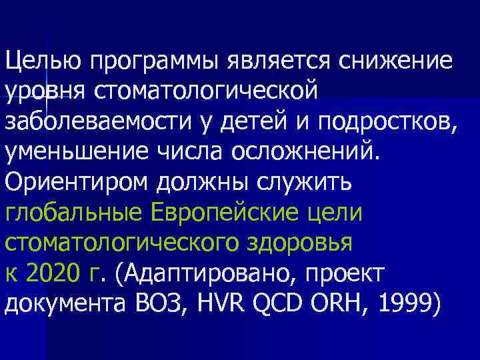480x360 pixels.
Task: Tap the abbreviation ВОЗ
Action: click(x=175, y=304)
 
